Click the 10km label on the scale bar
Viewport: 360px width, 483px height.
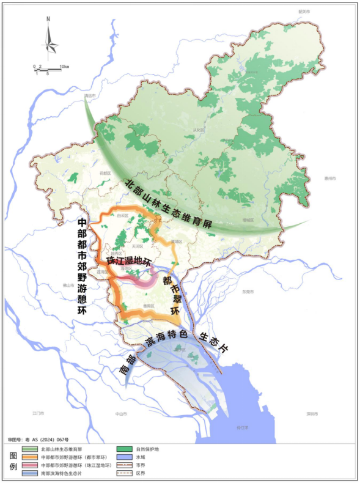[x=64, y=66]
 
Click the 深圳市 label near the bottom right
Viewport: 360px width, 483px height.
[x=313, y=413]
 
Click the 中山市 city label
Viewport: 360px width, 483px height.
[x=120, y=413]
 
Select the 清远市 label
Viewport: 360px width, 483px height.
[x=92, y=96]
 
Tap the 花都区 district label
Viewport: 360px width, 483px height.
[x=105, y=173]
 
